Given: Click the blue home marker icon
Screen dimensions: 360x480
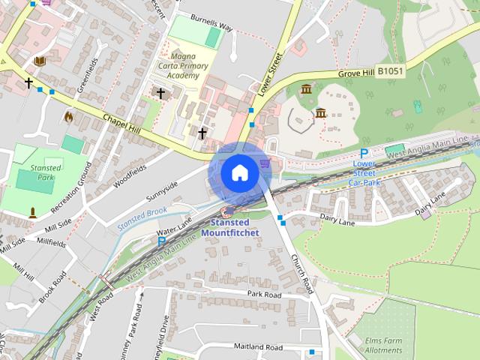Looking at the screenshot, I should point(239,172).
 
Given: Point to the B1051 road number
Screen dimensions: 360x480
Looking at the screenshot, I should point(390,70).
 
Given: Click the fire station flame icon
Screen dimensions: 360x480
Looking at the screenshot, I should point(69,116).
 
